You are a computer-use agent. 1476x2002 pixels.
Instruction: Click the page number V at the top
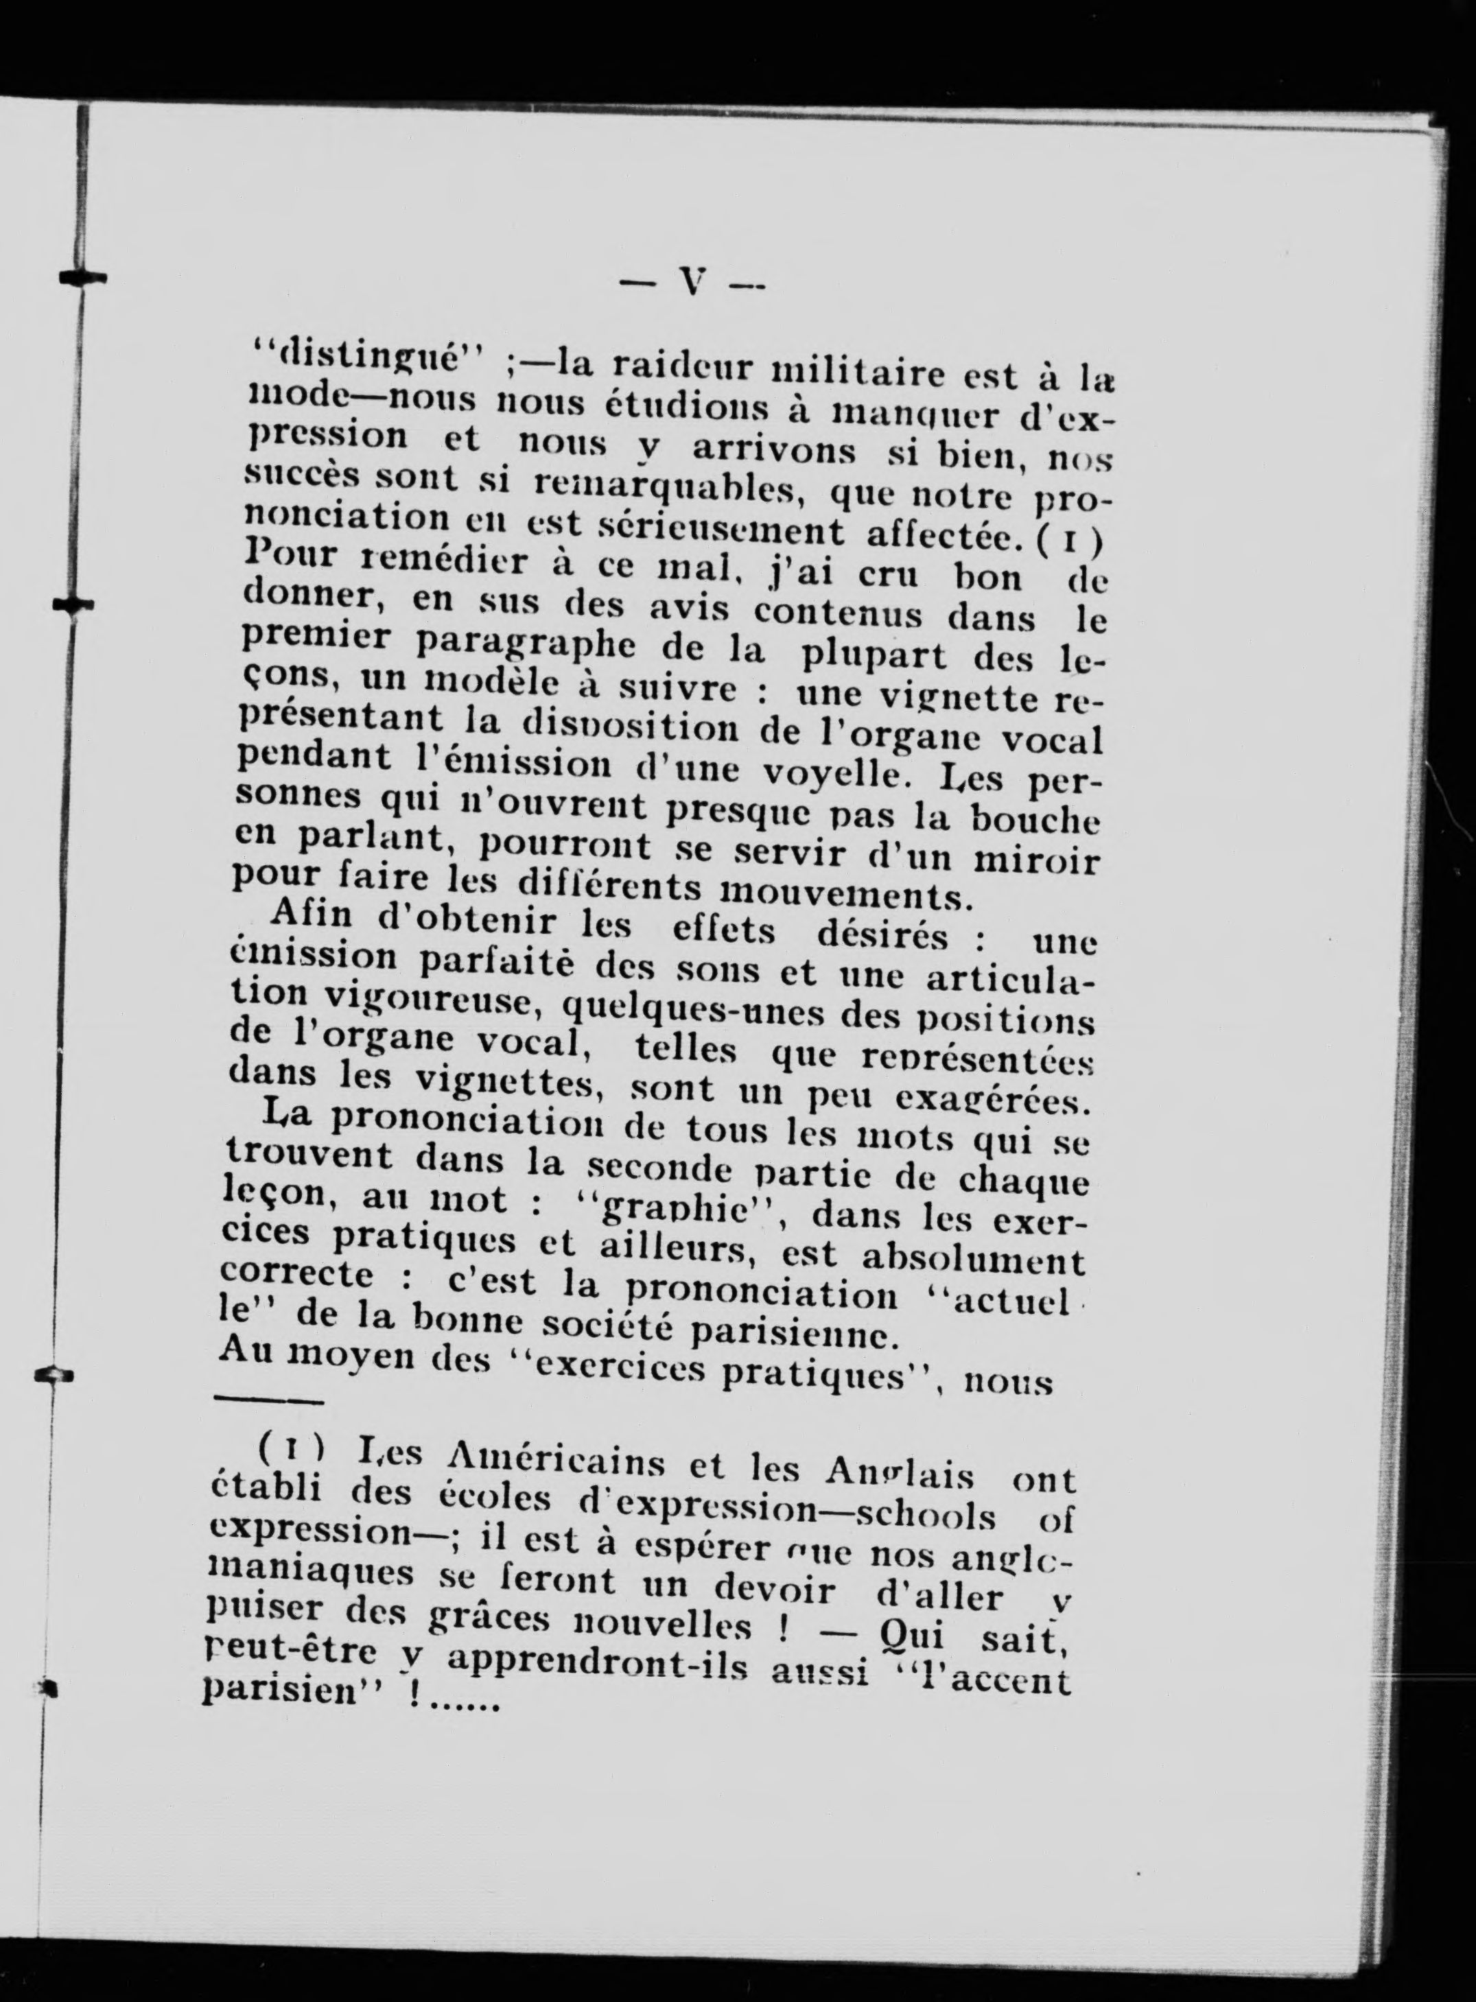692,284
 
